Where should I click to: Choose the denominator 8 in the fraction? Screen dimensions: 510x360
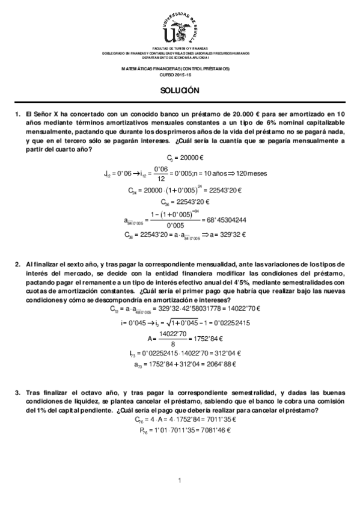tap(171, 342)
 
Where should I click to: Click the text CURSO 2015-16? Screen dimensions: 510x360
tap(179, 75)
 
